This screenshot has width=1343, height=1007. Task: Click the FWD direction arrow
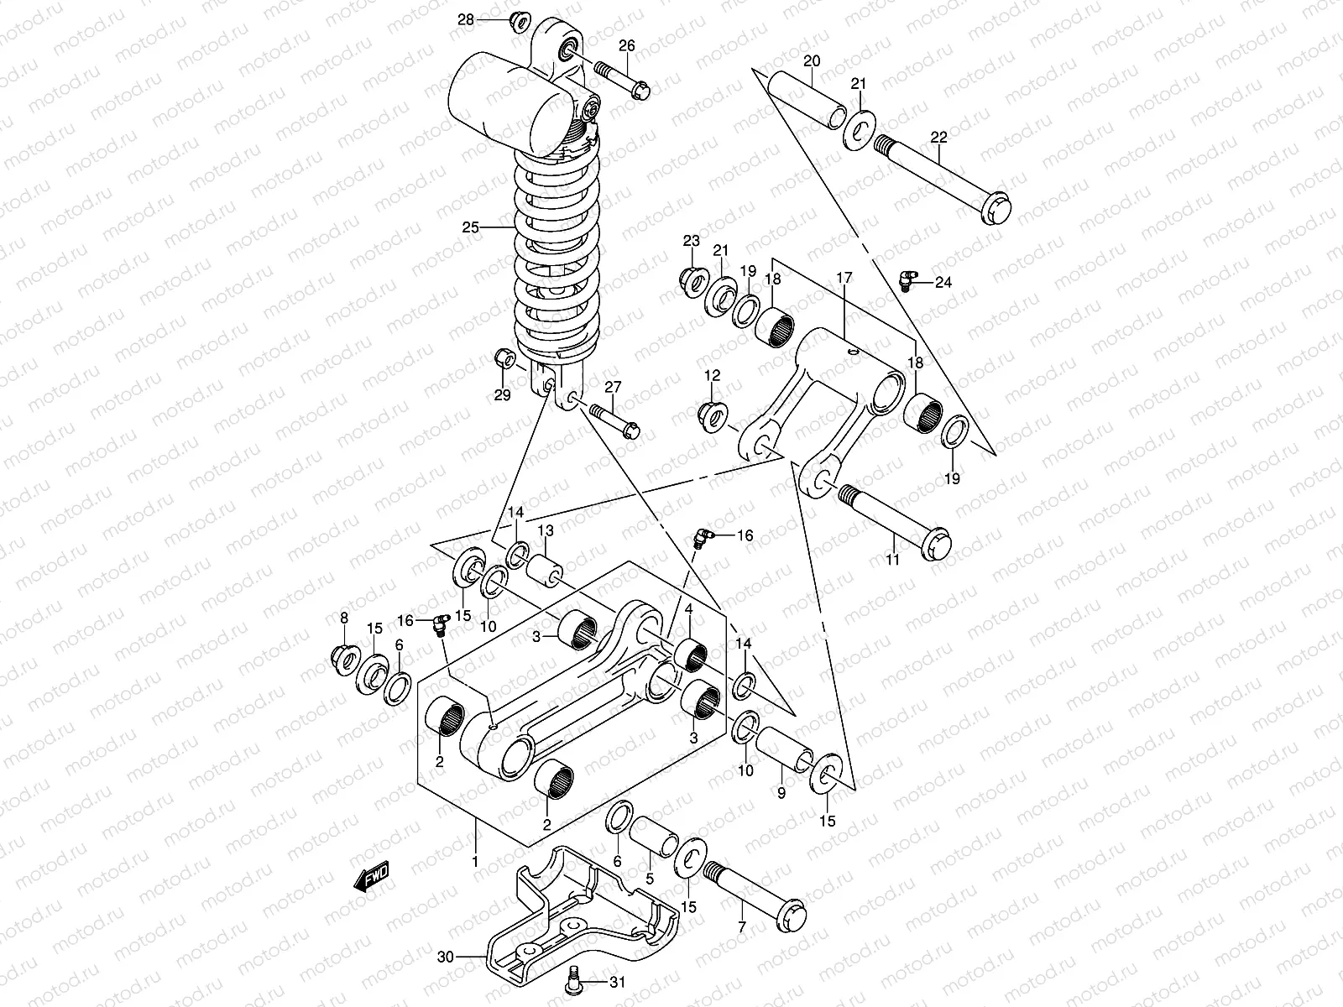370,877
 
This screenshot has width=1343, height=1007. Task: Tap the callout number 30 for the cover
447,956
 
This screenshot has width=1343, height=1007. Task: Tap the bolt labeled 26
621,79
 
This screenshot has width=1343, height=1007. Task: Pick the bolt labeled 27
614,420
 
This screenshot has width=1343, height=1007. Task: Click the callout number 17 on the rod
844,276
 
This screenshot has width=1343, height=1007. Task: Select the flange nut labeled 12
712,413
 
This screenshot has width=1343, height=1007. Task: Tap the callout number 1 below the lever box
475,861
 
